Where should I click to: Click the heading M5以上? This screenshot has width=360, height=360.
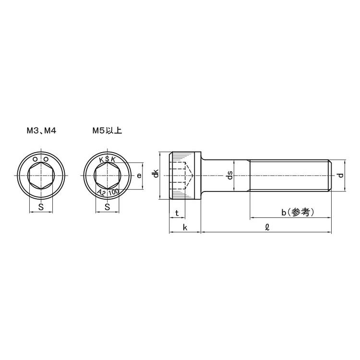coord(107,130)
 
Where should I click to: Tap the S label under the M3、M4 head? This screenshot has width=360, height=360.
coord(41,207)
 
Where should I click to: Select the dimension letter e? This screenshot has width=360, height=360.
coord(139,176)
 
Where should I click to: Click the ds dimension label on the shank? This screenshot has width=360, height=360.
coord(230,176)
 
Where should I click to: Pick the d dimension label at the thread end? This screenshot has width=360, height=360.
coord(340,176)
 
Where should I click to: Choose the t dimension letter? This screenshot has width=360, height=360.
coord(177,213)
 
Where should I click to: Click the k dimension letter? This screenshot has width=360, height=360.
coord(185,227)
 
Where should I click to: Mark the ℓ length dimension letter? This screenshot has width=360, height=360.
coord(267,228)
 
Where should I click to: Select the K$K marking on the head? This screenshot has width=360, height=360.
coord(107,159)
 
